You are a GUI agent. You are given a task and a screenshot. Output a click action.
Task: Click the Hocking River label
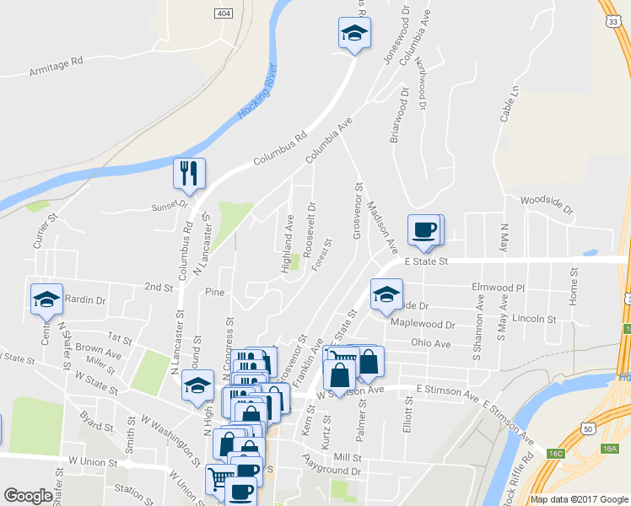pyautogui.click(x=258, y=90)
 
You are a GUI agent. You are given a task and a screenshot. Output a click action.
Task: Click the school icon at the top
pyautogui.click(x=354, y=33)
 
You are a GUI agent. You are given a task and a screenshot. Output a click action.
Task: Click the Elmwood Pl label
pyautogui.click(x=498, y=288)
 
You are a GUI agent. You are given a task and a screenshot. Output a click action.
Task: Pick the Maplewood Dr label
pyautogui.click(x=422, y=325)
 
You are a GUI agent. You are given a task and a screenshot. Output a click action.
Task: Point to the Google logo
pyautogui.click(x=29, y=496)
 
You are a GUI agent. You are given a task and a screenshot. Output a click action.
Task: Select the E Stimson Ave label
pyautogui.click(x=448, y=390)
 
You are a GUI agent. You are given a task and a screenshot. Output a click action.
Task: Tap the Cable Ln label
pyautogui.click(x=508, y=104)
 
